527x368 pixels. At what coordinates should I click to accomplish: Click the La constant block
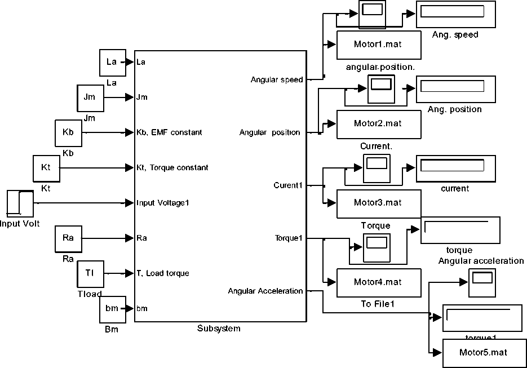(112, 62)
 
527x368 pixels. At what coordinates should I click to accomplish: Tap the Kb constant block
(68, 133)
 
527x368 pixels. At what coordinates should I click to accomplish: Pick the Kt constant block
(47, 168)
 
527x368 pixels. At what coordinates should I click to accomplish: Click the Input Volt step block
(20, 203)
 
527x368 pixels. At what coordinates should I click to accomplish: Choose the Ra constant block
(68, 238)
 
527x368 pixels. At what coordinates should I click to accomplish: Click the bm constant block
(112, 309)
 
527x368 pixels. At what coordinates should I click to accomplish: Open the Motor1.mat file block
(378, 45)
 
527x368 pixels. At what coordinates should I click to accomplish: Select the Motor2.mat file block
(378, 124)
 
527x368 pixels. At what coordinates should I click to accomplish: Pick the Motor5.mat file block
(484, 353)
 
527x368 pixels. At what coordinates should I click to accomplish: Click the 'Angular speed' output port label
(277, 80)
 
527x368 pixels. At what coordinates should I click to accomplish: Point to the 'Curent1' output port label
(288, 185)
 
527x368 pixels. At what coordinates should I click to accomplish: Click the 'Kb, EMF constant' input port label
(169, 133)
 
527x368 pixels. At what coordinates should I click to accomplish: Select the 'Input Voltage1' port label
(162, 203)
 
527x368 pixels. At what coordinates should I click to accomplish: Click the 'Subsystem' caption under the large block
(219, 329)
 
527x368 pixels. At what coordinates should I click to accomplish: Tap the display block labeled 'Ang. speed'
(455, 14)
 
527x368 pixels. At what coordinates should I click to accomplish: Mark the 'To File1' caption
(377, 304)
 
